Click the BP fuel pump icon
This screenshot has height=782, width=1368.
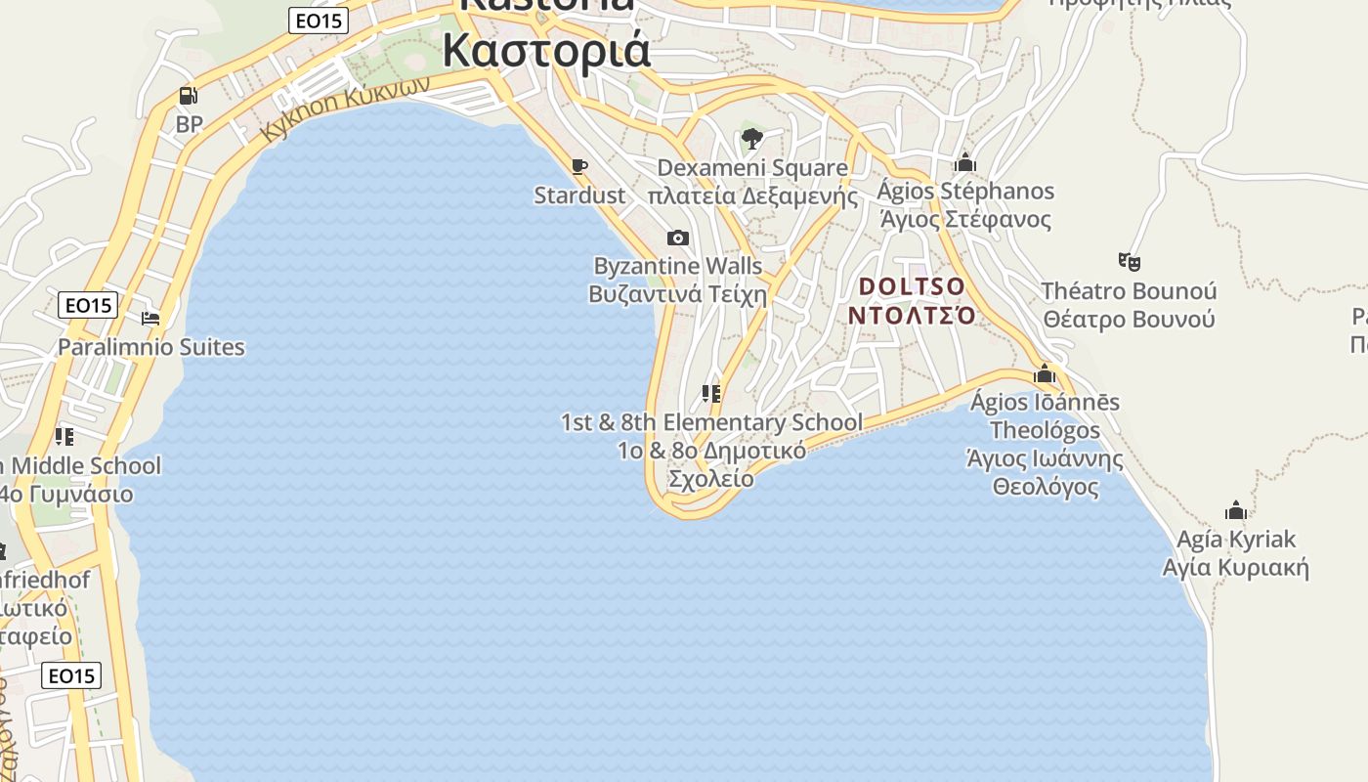189,96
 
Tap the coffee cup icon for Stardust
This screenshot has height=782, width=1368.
579,166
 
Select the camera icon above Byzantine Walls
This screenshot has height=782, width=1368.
677,238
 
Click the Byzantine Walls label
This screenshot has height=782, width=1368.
678,280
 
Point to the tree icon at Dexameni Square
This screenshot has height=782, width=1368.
751,139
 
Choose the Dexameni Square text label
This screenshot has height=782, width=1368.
752,182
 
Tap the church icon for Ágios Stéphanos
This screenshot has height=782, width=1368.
965,162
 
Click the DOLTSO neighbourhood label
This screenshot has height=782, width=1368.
912,301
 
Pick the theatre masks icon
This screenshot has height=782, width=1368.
1130,261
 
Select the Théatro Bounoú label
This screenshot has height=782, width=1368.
1129,305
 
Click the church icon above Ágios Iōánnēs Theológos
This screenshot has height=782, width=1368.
1045,373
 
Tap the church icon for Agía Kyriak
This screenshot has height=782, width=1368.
1236,510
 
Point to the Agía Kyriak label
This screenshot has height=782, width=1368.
1236,553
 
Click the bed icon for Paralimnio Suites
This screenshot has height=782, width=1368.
150,319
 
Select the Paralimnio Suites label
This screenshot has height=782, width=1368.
151,347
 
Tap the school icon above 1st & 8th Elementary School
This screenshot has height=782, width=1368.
711,394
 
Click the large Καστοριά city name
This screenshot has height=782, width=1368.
546,49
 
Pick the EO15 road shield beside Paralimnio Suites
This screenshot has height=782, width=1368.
88,305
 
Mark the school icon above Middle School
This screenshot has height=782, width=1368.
64,436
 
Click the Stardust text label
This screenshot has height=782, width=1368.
579,195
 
